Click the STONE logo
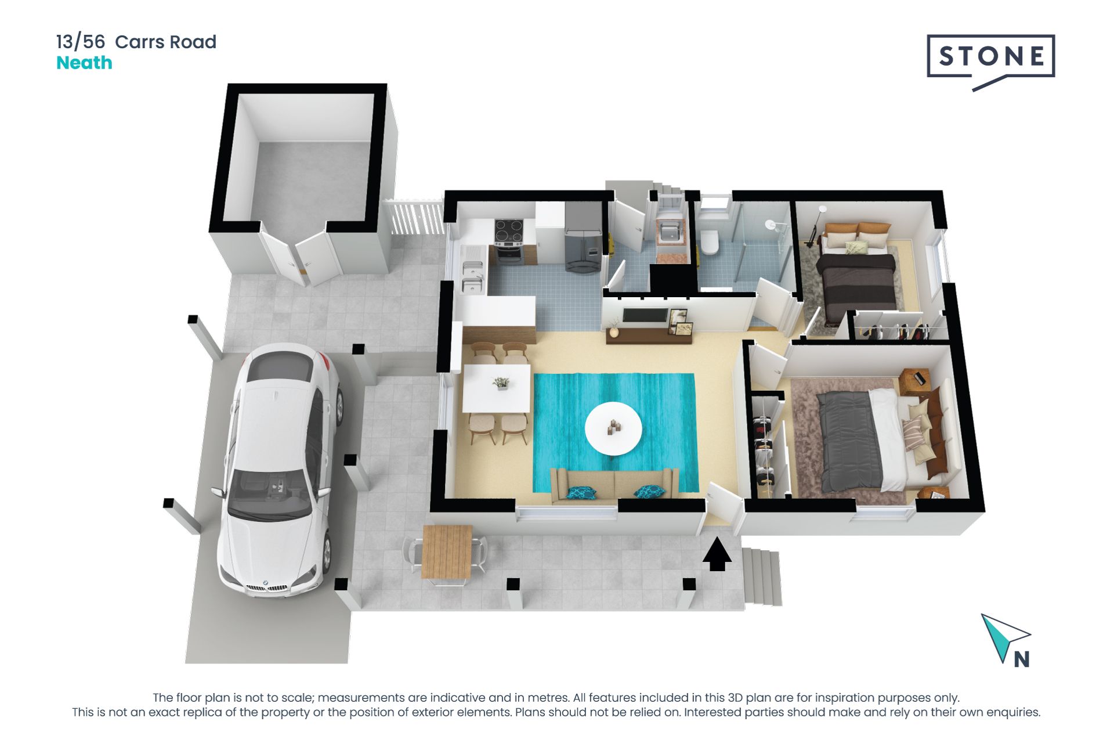point(990,57)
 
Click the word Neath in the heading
point(84,63)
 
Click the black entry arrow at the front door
point(717,554)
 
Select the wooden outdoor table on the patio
point(446,551)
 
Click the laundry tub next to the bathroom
point(671,232)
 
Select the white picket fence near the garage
point(415,218)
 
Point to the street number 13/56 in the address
point(81,42)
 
